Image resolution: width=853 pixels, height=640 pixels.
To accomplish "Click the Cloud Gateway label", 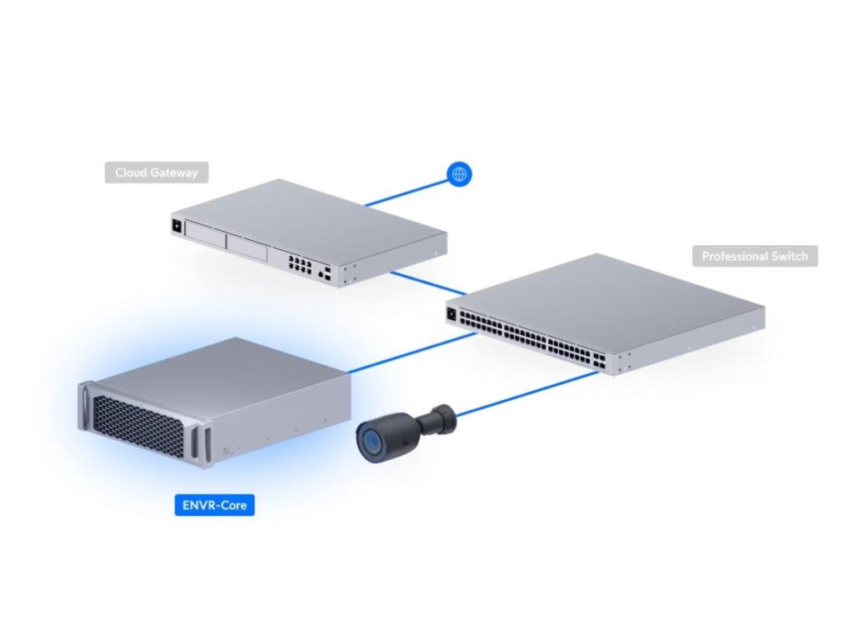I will pyautogui.click(x=157, y=172).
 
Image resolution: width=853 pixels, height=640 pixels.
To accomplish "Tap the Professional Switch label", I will pyautogui.click(x=755, y=256).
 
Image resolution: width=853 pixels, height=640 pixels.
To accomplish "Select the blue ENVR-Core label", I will pyautogui.click(x=215, y=505).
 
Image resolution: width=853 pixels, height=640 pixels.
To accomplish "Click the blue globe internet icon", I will pyautogui.click(x=459, y=173).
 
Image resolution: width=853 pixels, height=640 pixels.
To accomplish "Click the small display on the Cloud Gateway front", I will pyautogui.click(x=177, y=226).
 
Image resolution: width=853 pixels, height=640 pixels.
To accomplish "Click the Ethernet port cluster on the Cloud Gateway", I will pyautogui.click(x=300, y=265).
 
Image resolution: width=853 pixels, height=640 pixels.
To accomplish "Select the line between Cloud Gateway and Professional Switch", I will pyautogui.click(x=429, y=282).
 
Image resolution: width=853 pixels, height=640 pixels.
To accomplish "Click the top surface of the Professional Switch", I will pyautogui.click(x=608, y=292).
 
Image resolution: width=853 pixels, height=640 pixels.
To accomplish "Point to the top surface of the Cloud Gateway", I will pyautogui.click(x=308, y=212).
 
